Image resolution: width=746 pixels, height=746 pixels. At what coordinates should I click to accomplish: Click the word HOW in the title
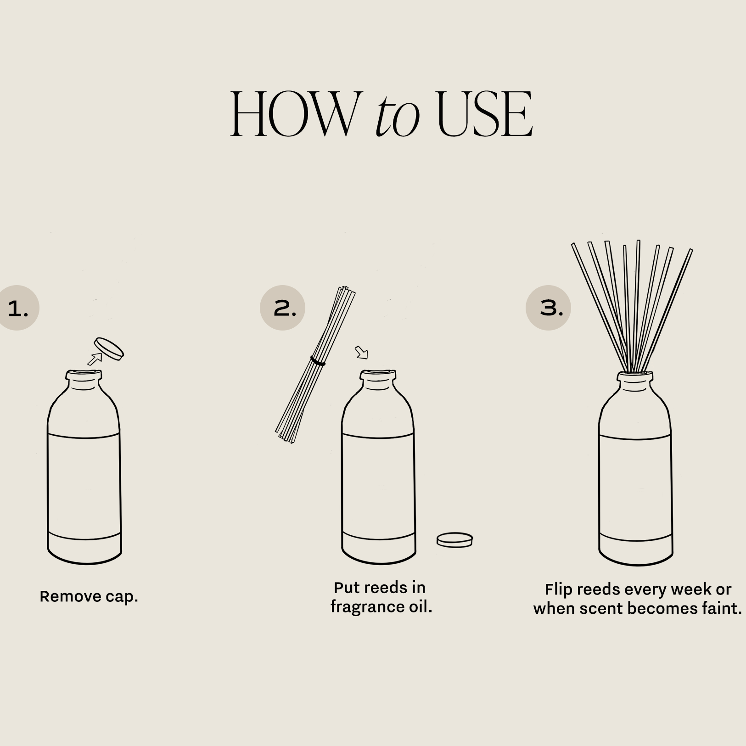coord(294,114)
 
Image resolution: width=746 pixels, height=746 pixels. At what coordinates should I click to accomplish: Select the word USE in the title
coord(485,114)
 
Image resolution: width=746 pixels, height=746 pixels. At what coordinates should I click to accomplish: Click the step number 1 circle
coord(18,308)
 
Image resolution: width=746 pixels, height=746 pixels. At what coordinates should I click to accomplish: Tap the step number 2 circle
coord(282,308)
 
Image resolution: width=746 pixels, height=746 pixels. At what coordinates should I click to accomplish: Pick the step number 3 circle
coord(548,308)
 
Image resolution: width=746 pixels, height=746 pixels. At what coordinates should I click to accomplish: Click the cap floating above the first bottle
coord(109,349)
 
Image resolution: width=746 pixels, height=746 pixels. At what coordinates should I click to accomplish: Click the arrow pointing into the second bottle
coord(362,353)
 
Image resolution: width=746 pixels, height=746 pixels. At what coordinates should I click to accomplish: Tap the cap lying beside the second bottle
coord(454,540)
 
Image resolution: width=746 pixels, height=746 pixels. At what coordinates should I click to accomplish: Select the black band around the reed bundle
coord(317,361)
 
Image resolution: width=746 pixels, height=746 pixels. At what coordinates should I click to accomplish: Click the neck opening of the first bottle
coord(84,375)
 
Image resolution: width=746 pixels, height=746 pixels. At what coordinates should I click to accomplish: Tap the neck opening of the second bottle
coord(378,375)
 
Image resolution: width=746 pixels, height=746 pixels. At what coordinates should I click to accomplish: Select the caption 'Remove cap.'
coord(89,596)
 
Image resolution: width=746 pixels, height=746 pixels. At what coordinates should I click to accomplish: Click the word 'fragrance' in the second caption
coord(367,607)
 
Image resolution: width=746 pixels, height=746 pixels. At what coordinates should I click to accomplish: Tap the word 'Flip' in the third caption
coord(559,589)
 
